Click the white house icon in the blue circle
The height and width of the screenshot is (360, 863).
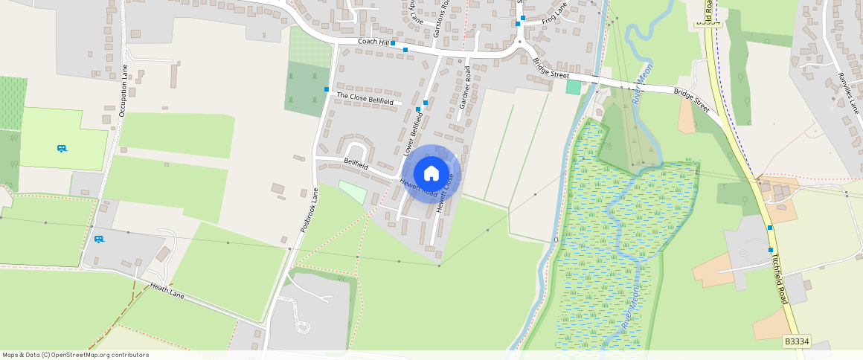tap(431, 173)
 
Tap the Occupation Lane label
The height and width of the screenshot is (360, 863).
tap(123, 90)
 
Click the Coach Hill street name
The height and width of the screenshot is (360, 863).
tap(373, 42)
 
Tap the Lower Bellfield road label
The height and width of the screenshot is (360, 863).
tap(413, 133)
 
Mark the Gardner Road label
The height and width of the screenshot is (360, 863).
tap(465, 88)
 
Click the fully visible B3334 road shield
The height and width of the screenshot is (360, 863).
tap(797, 341)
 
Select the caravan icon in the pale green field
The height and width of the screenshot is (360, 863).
tap(63, 148)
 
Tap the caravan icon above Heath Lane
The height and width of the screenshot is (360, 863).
tap(99, 239)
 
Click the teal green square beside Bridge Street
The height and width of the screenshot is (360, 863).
tap(573, 87)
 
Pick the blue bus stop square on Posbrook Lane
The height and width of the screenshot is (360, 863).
tap(327, 89)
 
